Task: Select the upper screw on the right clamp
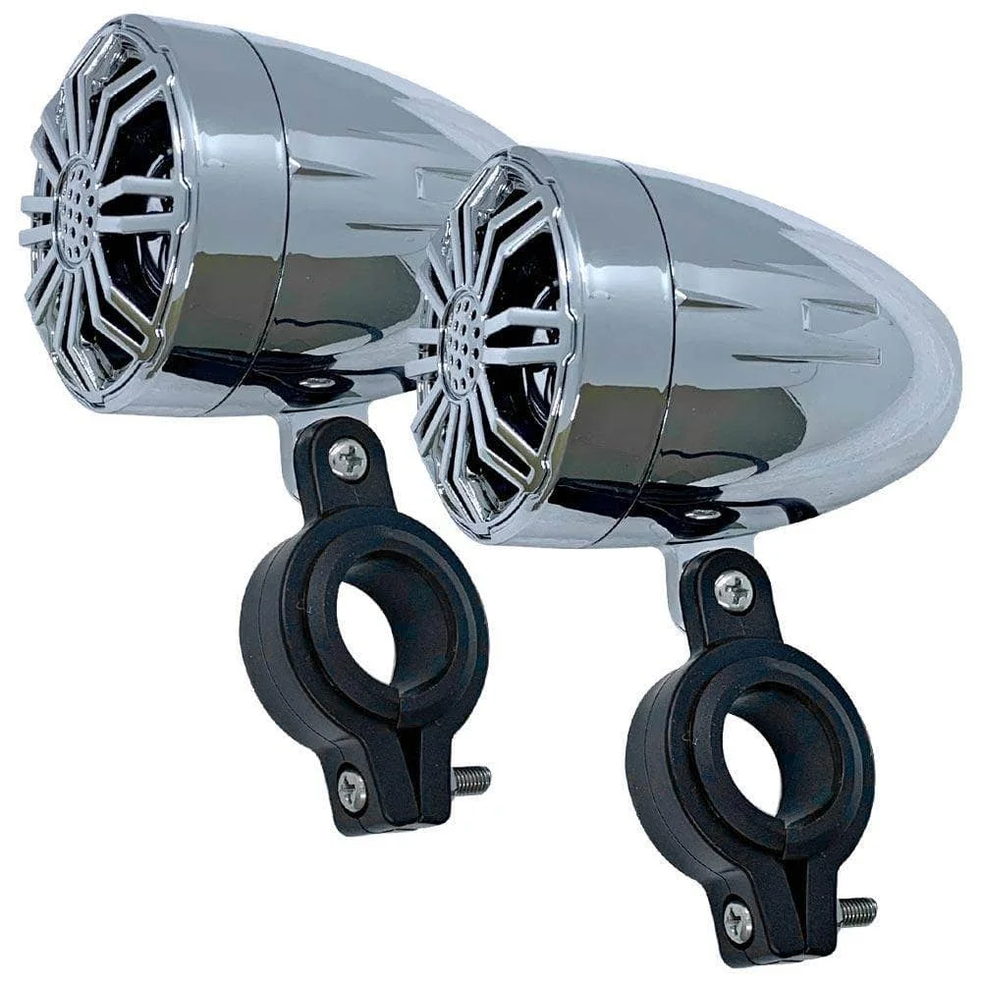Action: [734, 591]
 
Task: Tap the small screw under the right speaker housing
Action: [703, 514]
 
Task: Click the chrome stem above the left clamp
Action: [292, 447]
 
